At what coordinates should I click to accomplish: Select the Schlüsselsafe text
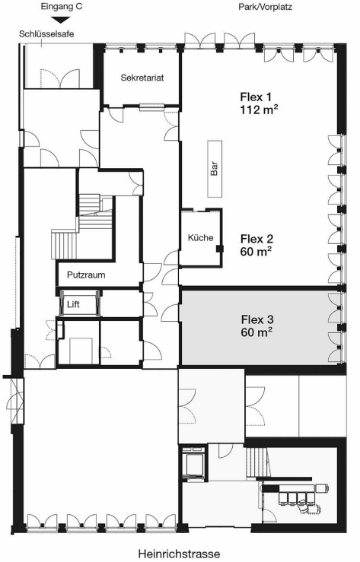coord(46,35)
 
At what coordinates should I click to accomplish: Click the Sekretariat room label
coord(143,78)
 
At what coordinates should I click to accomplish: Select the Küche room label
coord(200,238)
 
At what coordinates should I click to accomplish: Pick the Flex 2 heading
coord(256,237)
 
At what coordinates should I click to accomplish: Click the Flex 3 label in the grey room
coord(257,319)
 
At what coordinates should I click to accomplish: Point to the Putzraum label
coord(85,275)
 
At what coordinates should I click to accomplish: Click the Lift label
coord(73,304)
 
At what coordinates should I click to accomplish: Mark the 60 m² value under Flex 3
coord(257,332)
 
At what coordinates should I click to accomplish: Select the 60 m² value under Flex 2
coord(256,250)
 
